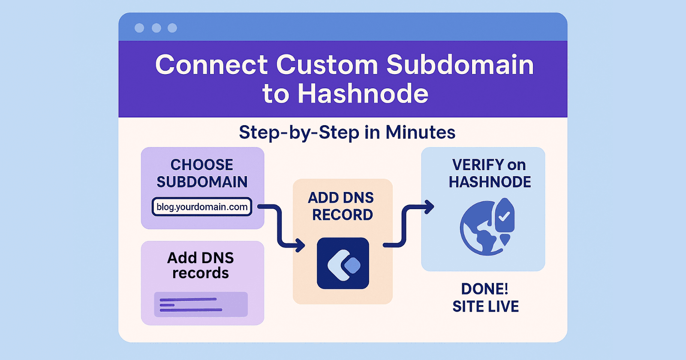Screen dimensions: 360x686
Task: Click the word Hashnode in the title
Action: (363, 94)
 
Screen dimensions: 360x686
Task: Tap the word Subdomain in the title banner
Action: (460, 65)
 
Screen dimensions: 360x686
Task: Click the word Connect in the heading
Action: (211, 65)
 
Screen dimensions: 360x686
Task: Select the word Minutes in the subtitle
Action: (420, 132)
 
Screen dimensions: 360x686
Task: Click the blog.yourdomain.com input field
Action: (202, 207)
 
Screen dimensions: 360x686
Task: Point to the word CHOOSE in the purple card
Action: (202, 165)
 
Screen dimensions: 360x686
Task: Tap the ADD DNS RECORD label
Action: (342, 206)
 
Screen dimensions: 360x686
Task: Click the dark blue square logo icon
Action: (343, 263)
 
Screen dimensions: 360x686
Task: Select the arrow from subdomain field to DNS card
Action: (281, 227)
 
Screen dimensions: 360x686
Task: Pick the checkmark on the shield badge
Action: (504, 216)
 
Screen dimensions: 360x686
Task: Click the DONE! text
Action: (484, 289)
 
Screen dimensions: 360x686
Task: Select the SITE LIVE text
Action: (485, 306)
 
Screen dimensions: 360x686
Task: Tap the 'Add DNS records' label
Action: (201, 265)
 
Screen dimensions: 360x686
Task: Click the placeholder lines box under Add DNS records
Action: (201, 304)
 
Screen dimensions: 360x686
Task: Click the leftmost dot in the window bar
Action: (139, 28)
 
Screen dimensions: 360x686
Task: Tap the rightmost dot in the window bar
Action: (172, 28)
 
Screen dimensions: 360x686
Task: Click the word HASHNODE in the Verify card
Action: (490, 182)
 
